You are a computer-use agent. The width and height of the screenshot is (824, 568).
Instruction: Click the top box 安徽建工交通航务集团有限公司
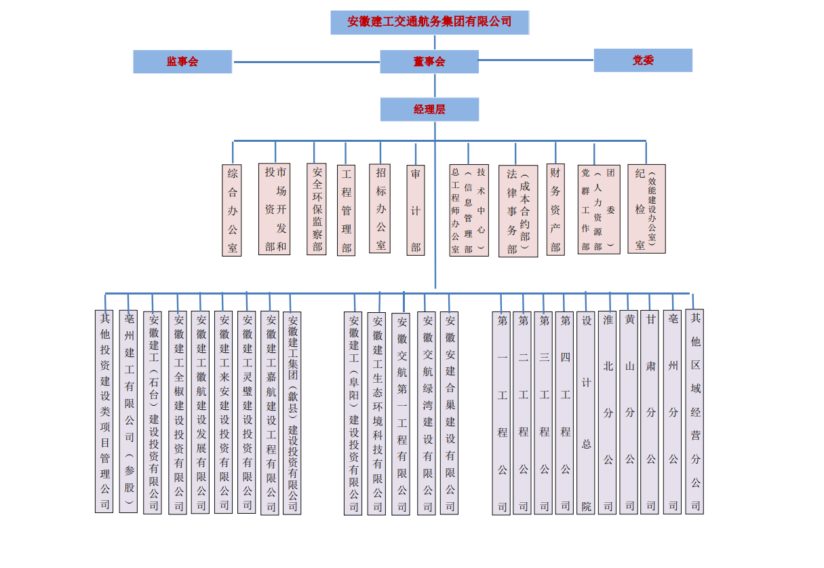click(429, 22)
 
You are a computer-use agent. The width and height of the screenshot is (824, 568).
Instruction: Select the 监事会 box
click(182, 62)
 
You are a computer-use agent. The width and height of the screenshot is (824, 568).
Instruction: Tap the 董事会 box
click(429, 62)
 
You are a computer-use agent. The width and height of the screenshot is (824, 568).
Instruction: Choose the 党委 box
click(643, 60)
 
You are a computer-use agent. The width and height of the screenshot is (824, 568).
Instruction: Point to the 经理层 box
click(429, 109)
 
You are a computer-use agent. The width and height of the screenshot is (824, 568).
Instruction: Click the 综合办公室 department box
click(232, 210)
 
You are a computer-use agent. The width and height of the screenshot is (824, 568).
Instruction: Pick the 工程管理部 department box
click(346, 210)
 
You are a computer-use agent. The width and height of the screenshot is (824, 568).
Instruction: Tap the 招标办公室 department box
click(380, 208)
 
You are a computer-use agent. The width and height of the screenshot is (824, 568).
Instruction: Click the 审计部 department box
click(416, 210)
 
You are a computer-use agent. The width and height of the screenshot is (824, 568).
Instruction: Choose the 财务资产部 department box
click(555, 210)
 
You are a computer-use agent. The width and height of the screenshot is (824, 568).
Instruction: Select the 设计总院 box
click(586, 412)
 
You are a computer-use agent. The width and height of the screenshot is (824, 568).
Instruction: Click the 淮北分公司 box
click(608, 412)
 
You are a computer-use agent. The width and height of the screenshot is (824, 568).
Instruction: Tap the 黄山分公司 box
click(629, 412)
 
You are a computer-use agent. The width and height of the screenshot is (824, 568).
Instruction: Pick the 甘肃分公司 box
click(650, 412)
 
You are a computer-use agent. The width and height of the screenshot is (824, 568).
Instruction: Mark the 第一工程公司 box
click(501, 413)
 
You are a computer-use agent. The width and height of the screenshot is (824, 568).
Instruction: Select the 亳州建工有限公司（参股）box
click(128, 411)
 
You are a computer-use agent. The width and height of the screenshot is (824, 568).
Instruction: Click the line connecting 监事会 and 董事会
click(307, 62)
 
